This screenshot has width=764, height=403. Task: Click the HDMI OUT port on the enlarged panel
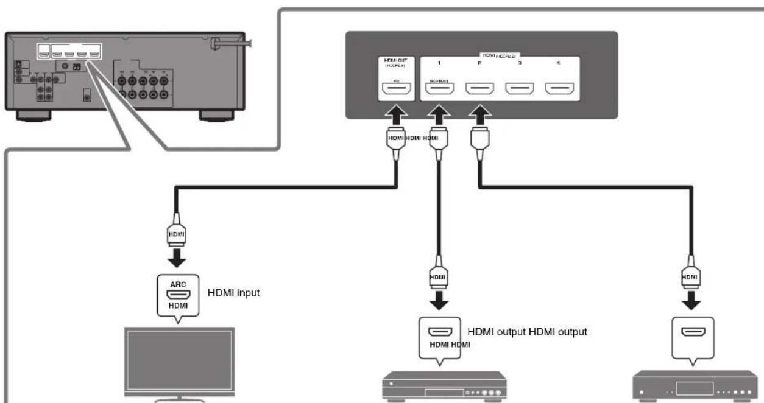[394, 90]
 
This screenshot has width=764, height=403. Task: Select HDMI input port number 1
[438, 90]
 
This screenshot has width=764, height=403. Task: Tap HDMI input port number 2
[478, 90]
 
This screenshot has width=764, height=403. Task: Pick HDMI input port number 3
[519, 90]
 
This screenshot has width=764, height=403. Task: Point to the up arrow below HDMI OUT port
[394, 115]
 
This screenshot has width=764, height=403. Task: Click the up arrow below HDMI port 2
[478, 115]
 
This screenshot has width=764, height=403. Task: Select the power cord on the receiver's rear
[235, 43]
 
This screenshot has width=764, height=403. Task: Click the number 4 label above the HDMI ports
[559, 63]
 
